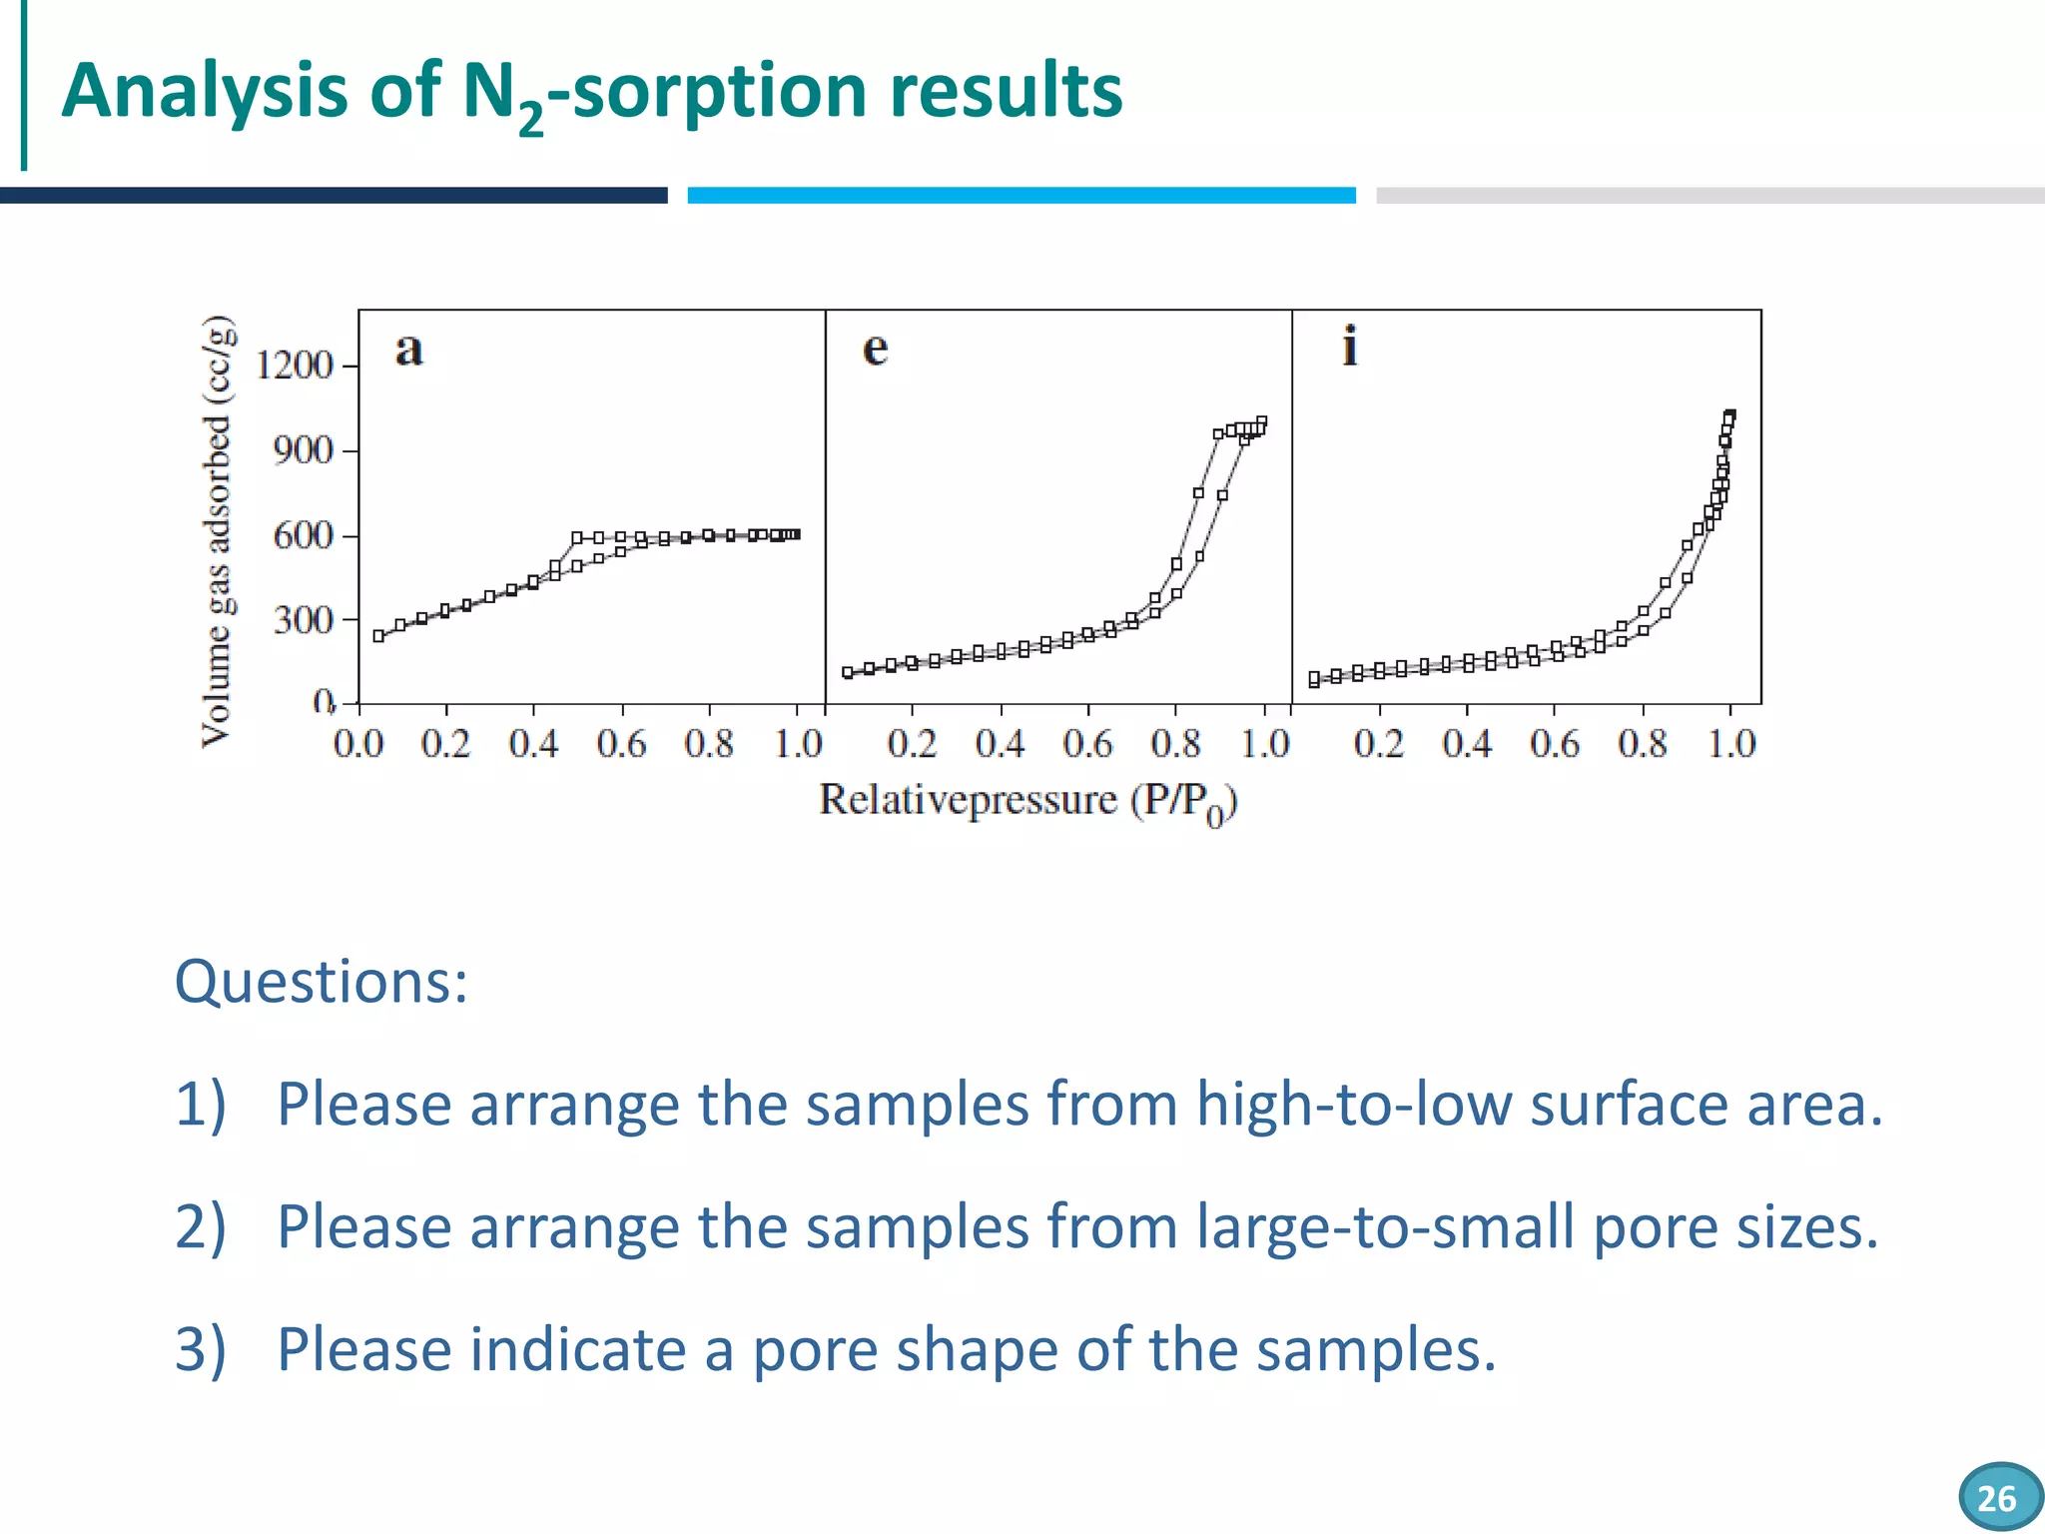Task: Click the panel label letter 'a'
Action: [x=408, y=351]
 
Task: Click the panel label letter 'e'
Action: [x=875, y=350]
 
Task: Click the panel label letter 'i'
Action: [x=1349, y=347]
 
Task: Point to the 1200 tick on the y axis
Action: [x=295, y=367]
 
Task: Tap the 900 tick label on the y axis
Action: [x=303, y=451]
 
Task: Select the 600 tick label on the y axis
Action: [x=303, y=536]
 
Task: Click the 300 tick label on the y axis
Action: [x=303, y=621]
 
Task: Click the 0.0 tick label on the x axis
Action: [x=358, y=744]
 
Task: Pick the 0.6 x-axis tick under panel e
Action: [x=1087, y=744]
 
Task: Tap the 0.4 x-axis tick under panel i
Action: [x=1466, y=744]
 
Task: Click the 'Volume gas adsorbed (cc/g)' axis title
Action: [x=218, y=530]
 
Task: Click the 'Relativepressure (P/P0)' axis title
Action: [x=1027, y=802]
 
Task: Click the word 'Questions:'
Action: [x=321, y=982]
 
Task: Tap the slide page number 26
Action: [x=1996, y=1498]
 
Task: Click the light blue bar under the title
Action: [x=1021, y=196]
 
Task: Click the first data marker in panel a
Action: [x=378, y=636]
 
